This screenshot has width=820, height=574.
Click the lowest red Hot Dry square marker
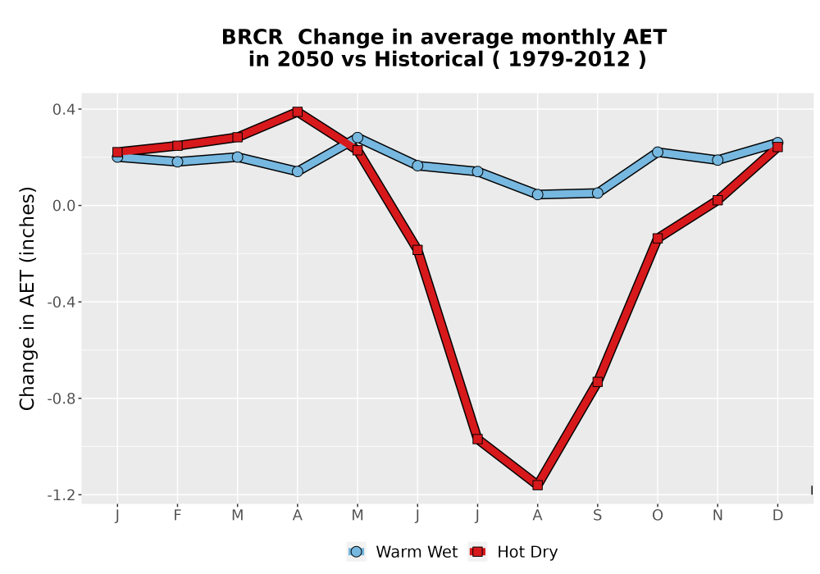click(x=538, y=485)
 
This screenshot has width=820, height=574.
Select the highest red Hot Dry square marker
click(x=298, y=112)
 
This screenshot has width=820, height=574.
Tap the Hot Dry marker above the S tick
click(x=598, y=381)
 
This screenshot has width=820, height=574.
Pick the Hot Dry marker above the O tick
click(x=658, y=239)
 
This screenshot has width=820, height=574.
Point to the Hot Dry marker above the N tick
click(x=717, y=200)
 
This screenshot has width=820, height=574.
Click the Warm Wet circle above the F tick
click(x=177, y=162)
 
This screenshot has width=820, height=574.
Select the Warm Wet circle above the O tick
click(x=658, y=153)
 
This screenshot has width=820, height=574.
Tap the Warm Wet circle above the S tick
click(x=598, y=193)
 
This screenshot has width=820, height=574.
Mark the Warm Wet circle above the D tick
click(x=777, y=142)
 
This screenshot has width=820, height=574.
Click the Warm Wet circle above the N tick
click(x=717, y=159)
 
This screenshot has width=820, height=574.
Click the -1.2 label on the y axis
click(x=61, y=495)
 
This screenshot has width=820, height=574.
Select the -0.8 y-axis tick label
click(x=61, y=399)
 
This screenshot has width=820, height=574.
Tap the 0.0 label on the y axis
click(x=63, y=206)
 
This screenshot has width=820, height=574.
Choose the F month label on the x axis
click(x=177, y=516)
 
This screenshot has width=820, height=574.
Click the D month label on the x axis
click(x=777, y=516)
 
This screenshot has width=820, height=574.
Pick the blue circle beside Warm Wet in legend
click(x=356, y=552)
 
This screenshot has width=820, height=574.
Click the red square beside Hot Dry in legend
click(x=477, y=552)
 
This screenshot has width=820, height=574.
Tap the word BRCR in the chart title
click(x=252, y=38)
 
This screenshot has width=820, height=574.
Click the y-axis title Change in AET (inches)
click(x=27, y=298)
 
